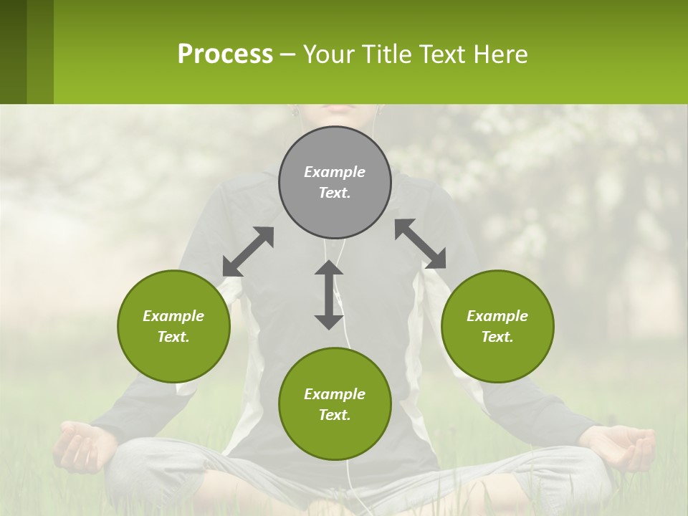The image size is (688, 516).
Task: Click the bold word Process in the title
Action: click(225, 54)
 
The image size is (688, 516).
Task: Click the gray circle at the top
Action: click(335, 182)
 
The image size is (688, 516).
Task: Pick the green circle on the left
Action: click(173, 326)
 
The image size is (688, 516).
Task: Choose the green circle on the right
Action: click(497, 326)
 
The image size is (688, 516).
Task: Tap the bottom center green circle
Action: click(335, 404)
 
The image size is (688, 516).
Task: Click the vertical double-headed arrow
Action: click(329, 295)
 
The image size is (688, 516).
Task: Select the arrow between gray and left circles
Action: click(248, 252)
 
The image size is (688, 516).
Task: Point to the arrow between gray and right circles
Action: click(421, 244)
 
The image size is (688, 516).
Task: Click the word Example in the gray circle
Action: click(335, 172)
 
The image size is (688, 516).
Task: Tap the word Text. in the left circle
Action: click(173, 337)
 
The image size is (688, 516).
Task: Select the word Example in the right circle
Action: click(497, 316)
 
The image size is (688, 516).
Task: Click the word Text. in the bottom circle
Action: click(335, 415)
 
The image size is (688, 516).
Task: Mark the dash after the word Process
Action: click(288, 54)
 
